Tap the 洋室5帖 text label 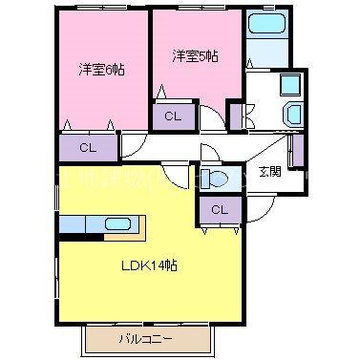pos(194,56)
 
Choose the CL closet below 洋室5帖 pos(173,116)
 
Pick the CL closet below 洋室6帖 pos(87,148)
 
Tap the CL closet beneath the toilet pos(219,209)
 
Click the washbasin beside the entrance pos(292,116)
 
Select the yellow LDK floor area pos(143,286)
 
